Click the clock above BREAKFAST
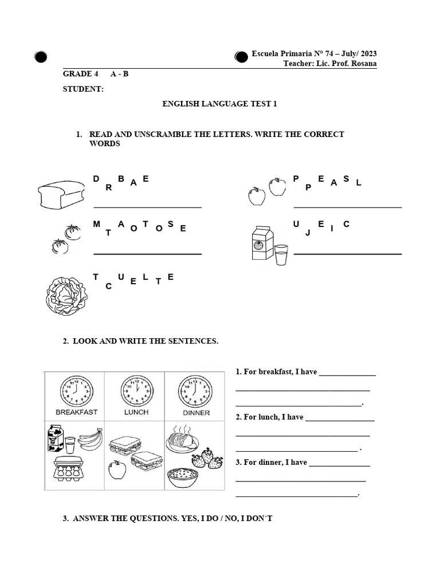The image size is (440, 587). tap(76, 391)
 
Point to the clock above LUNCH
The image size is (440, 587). tap(136, 391)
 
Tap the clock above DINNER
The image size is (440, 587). tap(195, 391)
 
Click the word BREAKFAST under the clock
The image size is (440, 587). tap(76, 412)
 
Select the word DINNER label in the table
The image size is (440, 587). tap(196, 413)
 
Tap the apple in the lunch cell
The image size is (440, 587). tap(117, 470)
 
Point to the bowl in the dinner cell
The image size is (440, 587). tap(183, 478)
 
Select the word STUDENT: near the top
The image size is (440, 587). tap(83, 89)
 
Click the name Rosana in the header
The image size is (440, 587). tap(364, 63)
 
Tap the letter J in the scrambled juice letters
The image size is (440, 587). tap(308, 233)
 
